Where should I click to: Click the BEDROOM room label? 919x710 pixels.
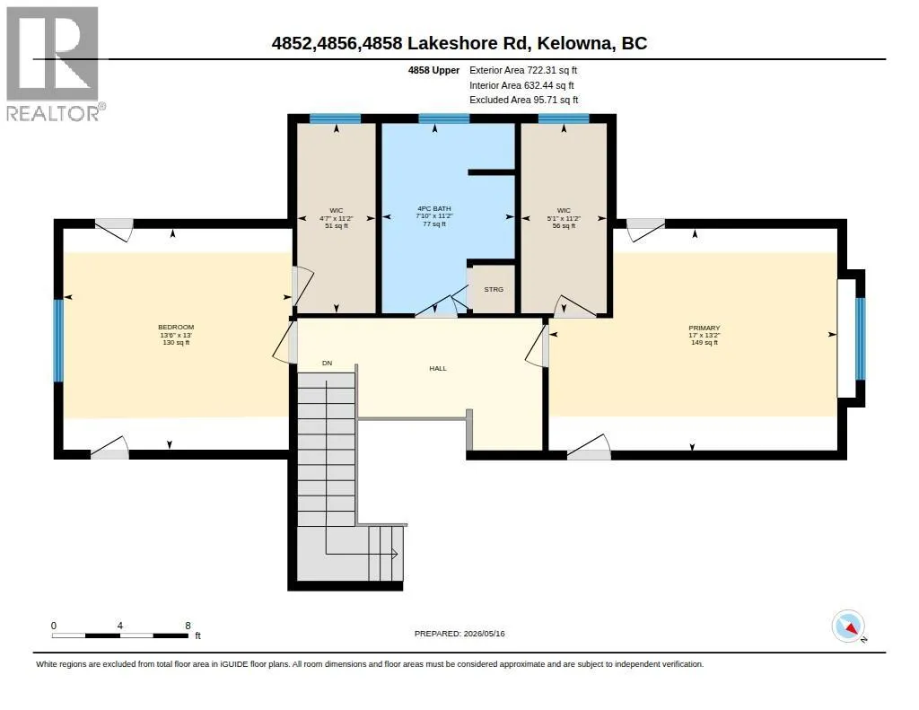pos(176,327)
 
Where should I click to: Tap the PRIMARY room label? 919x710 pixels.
pos(704,328)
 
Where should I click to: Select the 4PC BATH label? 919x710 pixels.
pos(434,208)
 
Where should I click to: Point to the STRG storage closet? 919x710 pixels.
pos(494,289)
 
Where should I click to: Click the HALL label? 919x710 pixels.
pos(438,368)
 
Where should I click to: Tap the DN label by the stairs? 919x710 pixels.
pos(327,363)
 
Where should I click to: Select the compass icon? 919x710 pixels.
pos(848,627)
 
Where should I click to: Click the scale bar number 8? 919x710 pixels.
pos(188,626)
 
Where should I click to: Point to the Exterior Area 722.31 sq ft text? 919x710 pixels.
pos(523,70)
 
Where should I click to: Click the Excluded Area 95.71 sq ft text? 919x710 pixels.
pos(524,100)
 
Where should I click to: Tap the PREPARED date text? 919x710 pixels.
pos(459,633)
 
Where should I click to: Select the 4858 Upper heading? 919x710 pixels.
pos(433,70)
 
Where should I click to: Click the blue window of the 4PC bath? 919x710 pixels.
pos(443,118)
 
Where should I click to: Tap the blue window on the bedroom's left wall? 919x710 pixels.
pos(58,340)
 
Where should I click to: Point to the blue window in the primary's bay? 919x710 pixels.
pos(861,339)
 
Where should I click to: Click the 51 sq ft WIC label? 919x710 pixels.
pos(337,225)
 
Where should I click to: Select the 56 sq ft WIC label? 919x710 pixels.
pos(564,225)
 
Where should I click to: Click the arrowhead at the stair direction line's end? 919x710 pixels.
pos(395,554)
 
